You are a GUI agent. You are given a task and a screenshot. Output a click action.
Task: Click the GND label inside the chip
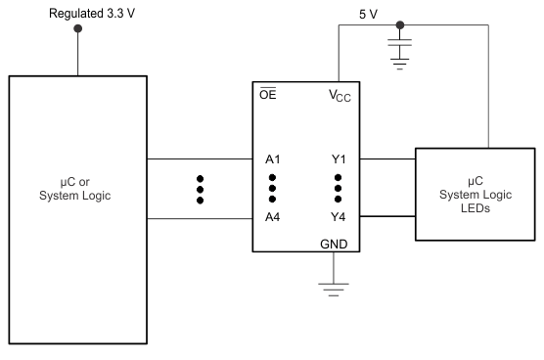[x=332, y=245]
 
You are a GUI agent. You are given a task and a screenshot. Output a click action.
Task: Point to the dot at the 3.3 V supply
[x=78, y=28]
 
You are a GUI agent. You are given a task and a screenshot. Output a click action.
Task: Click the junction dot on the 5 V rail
[x=400, y=26]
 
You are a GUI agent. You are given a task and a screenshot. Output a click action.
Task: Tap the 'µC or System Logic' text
[x=78, y=186]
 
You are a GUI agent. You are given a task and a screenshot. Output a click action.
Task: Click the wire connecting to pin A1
[x=200, y=158]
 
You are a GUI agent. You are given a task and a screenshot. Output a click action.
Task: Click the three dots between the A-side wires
[x=200, y=189]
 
